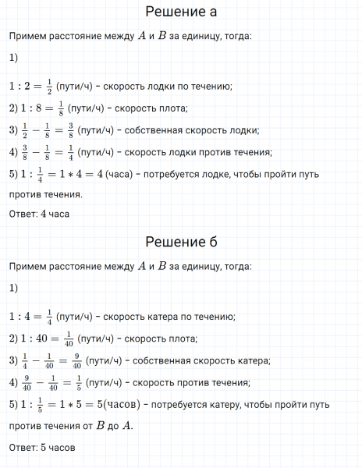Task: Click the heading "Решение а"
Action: click(x=180, y=12)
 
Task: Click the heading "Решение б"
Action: click(x=180, y=243)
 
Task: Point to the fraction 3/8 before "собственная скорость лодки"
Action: click(x=74, y=129)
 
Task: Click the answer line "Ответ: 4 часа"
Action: click(x=39, y=214)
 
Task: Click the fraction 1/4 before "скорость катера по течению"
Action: click(x=51, y=317)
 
